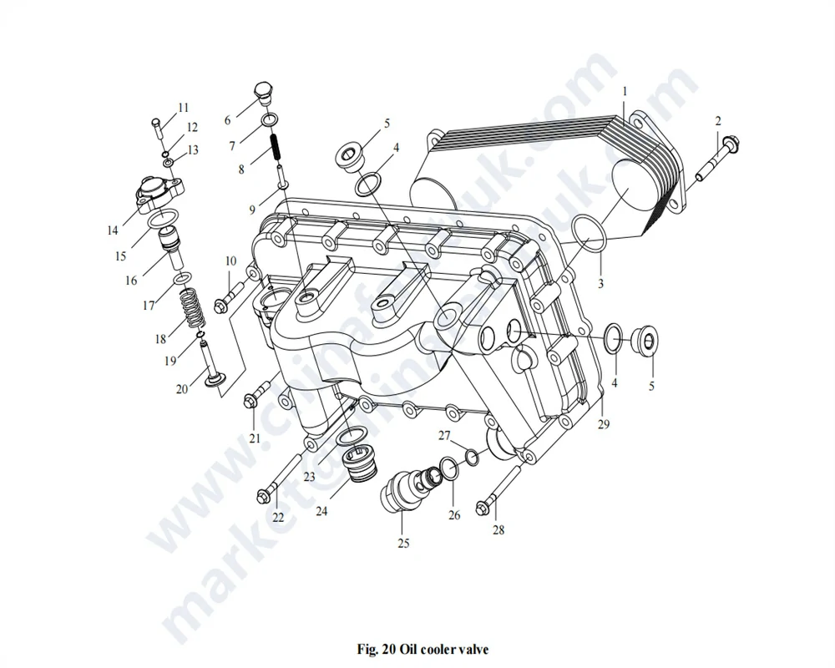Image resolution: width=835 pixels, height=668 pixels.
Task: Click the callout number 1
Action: (625, 90)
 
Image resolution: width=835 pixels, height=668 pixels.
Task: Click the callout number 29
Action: (603, 425)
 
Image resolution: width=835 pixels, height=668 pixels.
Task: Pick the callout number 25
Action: (403, 544)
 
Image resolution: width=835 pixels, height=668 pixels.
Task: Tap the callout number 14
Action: (113, 230)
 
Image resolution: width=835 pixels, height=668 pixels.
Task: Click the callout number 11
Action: (183, 107)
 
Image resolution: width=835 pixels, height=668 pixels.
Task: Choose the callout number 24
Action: (321, 511)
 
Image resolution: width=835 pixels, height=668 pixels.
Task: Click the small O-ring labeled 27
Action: (472, 456)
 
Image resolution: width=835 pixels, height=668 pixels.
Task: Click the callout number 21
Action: (255, 438)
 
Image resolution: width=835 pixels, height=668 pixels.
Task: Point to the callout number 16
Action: (131, 281)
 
